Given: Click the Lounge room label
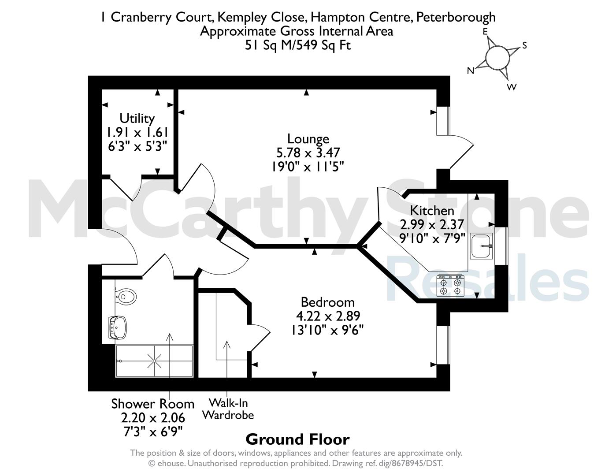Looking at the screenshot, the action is click(x=308, y=139).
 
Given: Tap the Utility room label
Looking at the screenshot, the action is click(x=137, y=118).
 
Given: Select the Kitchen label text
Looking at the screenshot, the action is click(x=432, y=211).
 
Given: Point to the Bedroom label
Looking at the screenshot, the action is click(x=328, y=302).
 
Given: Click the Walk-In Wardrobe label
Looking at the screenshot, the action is click(x=228, y=409).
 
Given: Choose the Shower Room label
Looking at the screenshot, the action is click(x=153, y=404).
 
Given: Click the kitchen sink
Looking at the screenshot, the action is click(x=481, y=246).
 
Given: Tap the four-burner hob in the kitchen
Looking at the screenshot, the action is click(x=450, y=285).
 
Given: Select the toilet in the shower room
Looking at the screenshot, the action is click(x=126, y=297).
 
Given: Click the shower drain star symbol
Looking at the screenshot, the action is click(x=155, y=361).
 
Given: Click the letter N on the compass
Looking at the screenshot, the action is click(x=471, y=71).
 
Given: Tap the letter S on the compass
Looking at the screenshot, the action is click(x=525, y=45).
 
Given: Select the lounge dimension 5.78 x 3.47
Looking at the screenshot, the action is click(x=308, y=153).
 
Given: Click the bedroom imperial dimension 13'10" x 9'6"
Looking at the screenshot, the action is click(x=328, y=330).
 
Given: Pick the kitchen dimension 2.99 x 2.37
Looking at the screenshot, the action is click(x=432, y=224).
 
